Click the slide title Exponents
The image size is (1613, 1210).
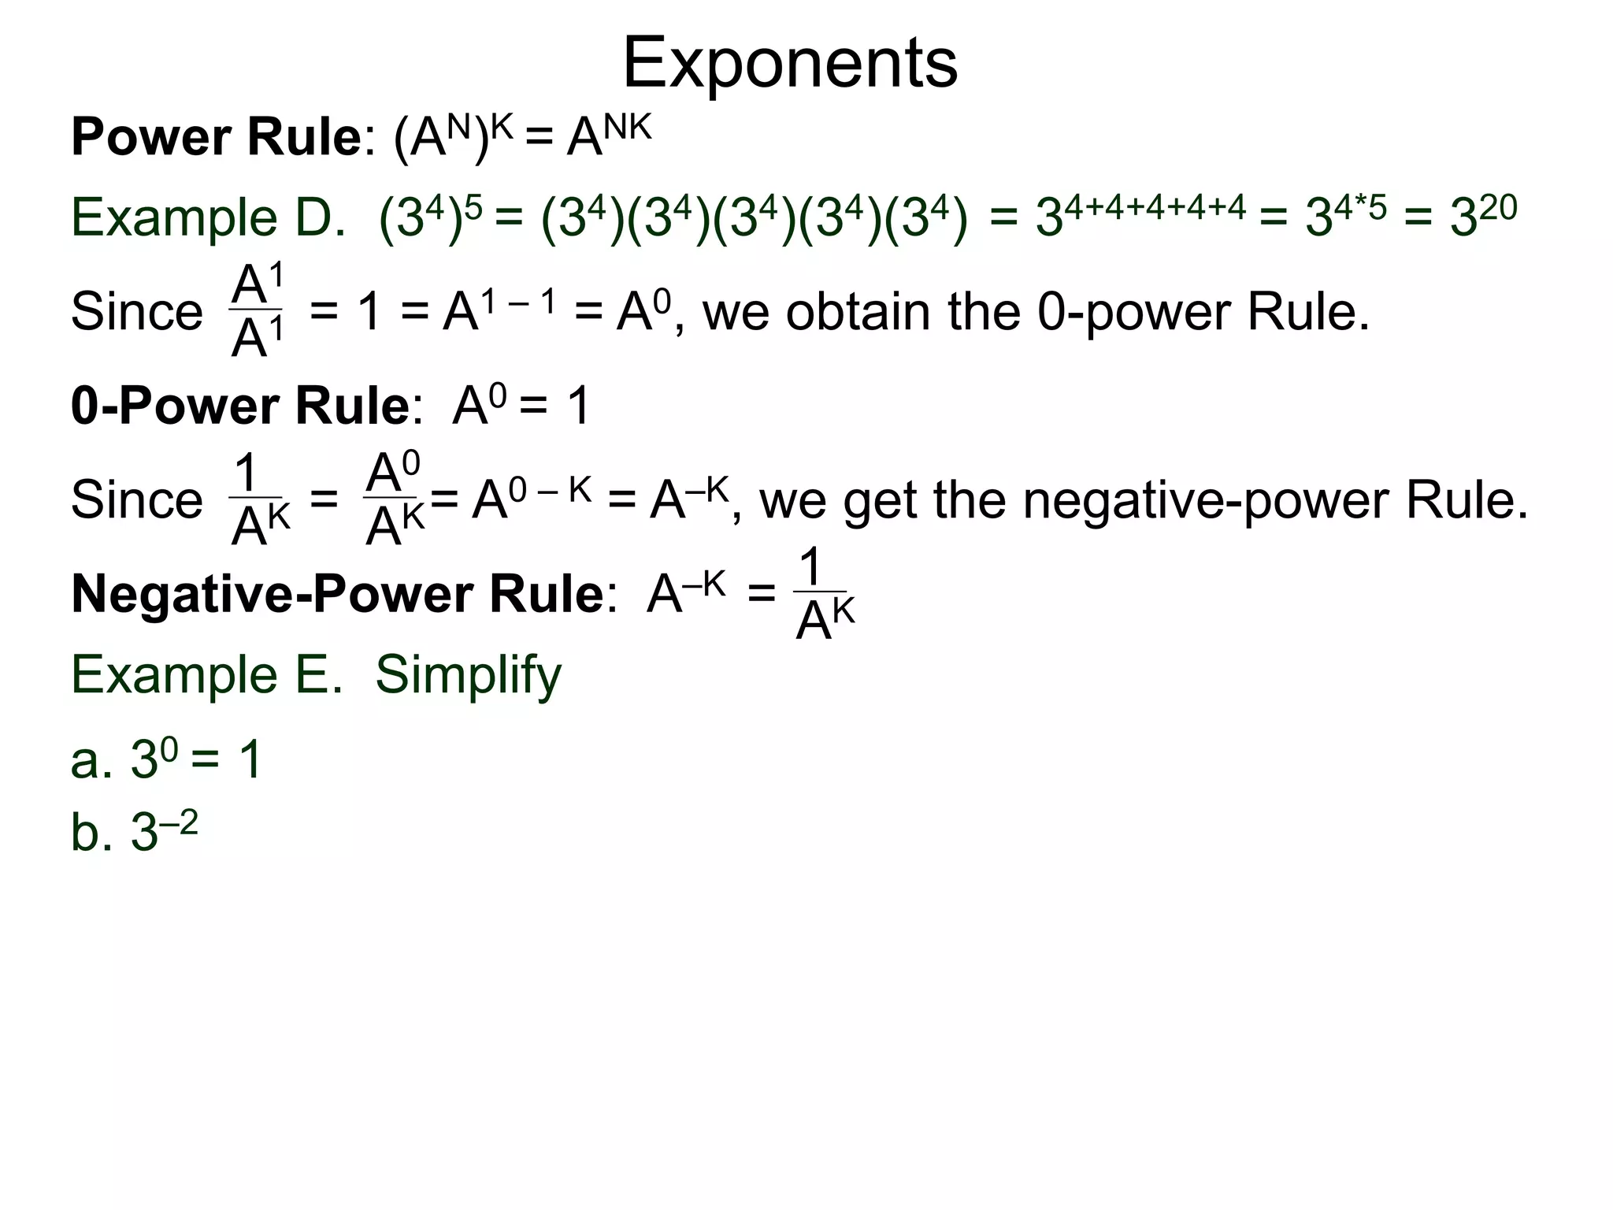tap(790, 63)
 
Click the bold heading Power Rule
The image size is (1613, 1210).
tap(216, 137)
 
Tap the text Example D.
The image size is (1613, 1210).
tap(208, 217)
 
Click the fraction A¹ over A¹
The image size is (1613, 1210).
tap(257, 311)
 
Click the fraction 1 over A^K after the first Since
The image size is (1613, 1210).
tap(258, 500)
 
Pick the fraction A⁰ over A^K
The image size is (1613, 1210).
tap(395, 500)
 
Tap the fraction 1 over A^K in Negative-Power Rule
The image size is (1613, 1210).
tap(824, 596)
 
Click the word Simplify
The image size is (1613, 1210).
tap(468, 674)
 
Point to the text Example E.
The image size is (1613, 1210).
tap(207, 674)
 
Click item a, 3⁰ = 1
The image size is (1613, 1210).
tap(166, 759)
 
